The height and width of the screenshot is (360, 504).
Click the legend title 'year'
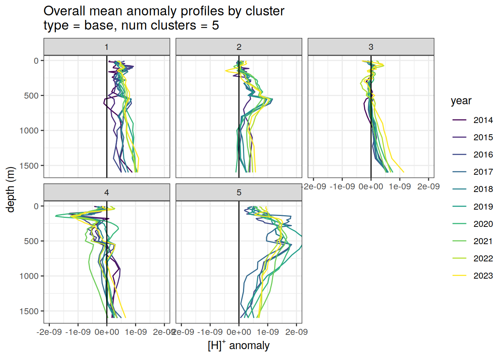(x=461, y=101)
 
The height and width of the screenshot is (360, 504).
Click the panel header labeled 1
(x=106, y=47)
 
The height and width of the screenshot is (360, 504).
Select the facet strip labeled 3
(x=371, y=47)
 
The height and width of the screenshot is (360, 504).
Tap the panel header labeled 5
(x=239, y=192)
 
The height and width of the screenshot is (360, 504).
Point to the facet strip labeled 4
(x=106, y=192)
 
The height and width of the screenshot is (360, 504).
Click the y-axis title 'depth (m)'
(x=10, y=189)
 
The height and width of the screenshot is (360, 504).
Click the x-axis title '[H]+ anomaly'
(x=238, y=345)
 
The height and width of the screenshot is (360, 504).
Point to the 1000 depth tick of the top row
(x=31, y=130)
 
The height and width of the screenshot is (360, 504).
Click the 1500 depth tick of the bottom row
(x=31, y=311)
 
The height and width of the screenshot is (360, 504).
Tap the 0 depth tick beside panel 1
(x=36, y=61)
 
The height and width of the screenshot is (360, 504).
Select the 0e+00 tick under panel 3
(x=371, y=187)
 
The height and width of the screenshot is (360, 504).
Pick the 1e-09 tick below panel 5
(x=268, y=332)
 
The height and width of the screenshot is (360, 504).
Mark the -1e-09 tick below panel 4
(x=78, y=332)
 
